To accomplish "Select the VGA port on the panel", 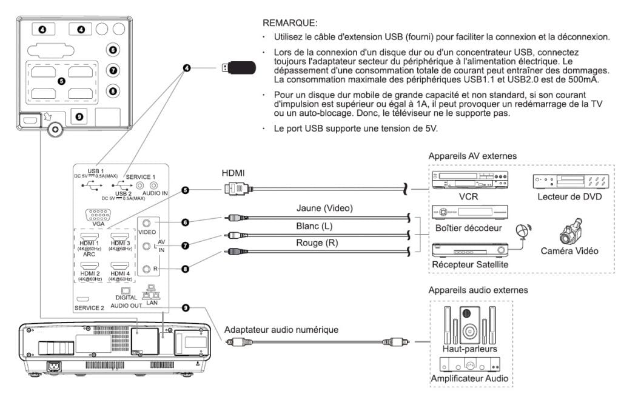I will pyautogui.click(x=98, y=215).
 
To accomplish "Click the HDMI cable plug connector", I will pyautogui.click(x=236, y=190).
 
